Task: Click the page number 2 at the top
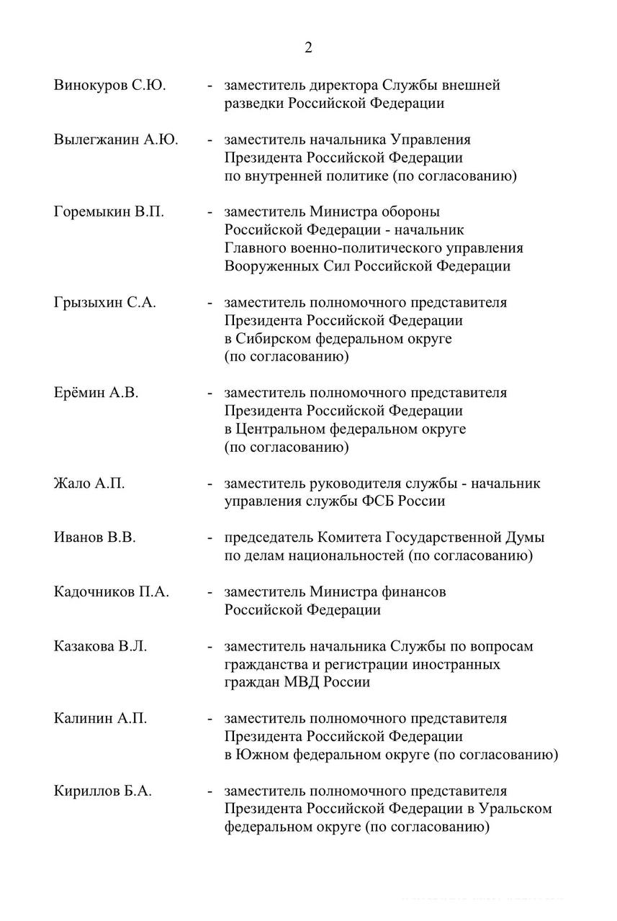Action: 308,48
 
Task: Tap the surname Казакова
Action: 84,646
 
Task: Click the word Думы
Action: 526,537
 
